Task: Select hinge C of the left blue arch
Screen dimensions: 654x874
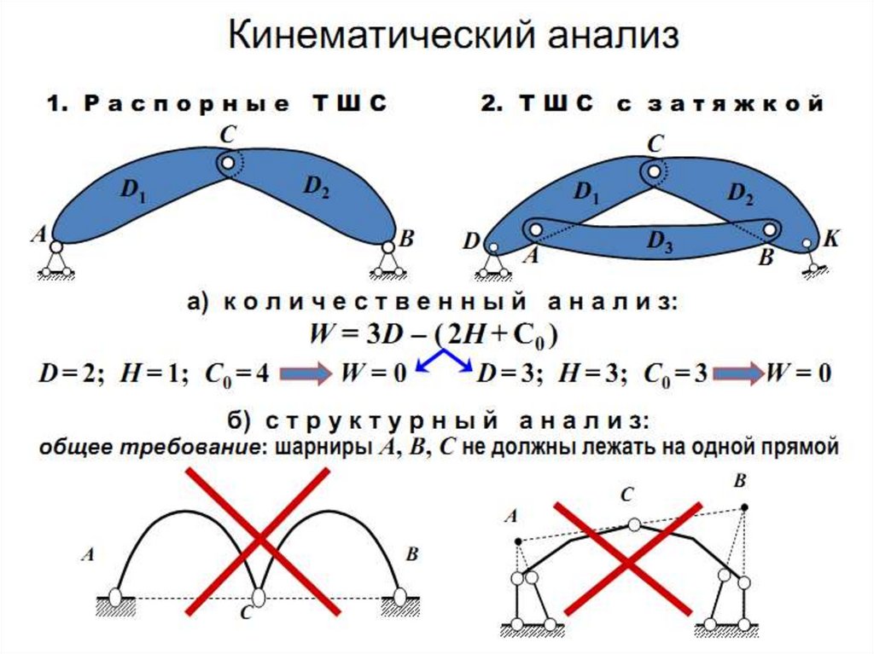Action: [x=226, y=161]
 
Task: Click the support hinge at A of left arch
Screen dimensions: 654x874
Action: [x=56, y=246]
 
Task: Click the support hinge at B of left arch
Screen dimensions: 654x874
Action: [x=388, y=246]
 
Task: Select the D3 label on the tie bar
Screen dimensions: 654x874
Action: [x=658, y=243]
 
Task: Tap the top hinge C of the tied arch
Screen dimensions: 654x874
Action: [x=653, y=173]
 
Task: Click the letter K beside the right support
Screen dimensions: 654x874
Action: [x=830, y=240]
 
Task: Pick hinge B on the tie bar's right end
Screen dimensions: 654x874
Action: [x=770, y=229]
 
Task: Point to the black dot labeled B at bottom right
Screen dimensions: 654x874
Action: [x=744, y=507]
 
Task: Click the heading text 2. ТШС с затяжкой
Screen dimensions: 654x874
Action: [x=653, y=104]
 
